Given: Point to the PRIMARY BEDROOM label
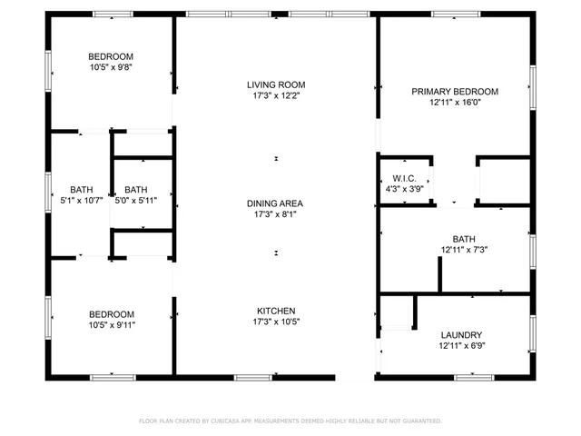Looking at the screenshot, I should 455,92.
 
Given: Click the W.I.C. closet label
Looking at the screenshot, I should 404,178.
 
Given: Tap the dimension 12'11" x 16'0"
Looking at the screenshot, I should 455,103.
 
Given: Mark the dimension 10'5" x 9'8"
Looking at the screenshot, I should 111,67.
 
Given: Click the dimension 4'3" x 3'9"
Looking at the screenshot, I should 404,188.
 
